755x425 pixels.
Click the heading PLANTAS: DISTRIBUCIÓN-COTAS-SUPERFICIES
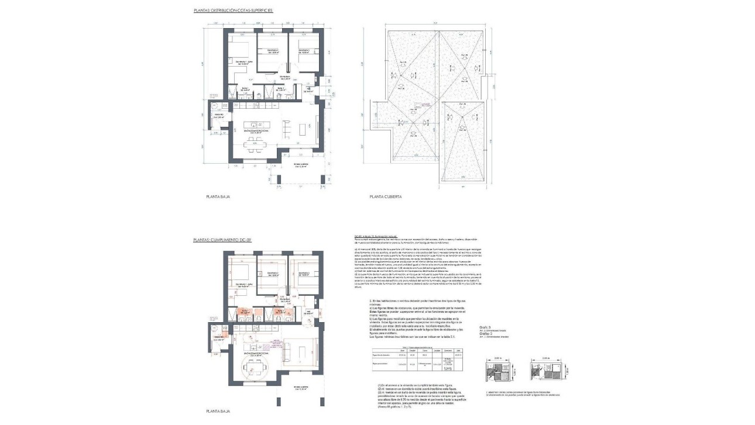[233, 11]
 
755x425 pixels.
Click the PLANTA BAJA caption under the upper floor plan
[218, 198]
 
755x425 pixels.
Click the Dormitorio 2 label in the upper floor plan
[272, 51]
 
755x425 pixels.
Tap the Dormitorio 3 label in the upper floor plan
[303, 51]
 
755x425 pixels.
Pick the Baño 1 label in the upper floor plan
[245, 89]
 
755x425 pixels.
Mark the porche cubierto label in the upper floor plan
[301, 166]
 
